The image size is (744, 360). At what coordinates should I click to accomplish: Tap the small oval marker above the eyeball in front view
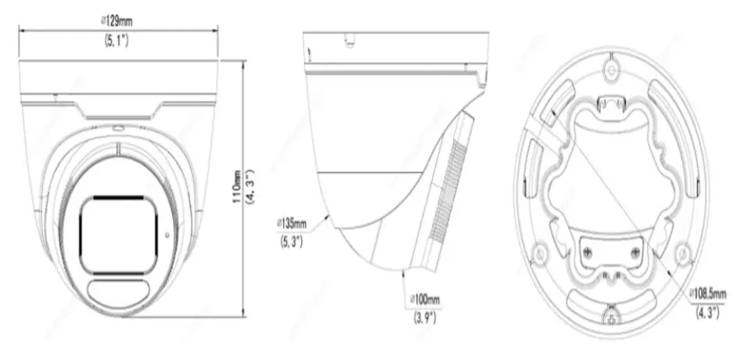point(117,127)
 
